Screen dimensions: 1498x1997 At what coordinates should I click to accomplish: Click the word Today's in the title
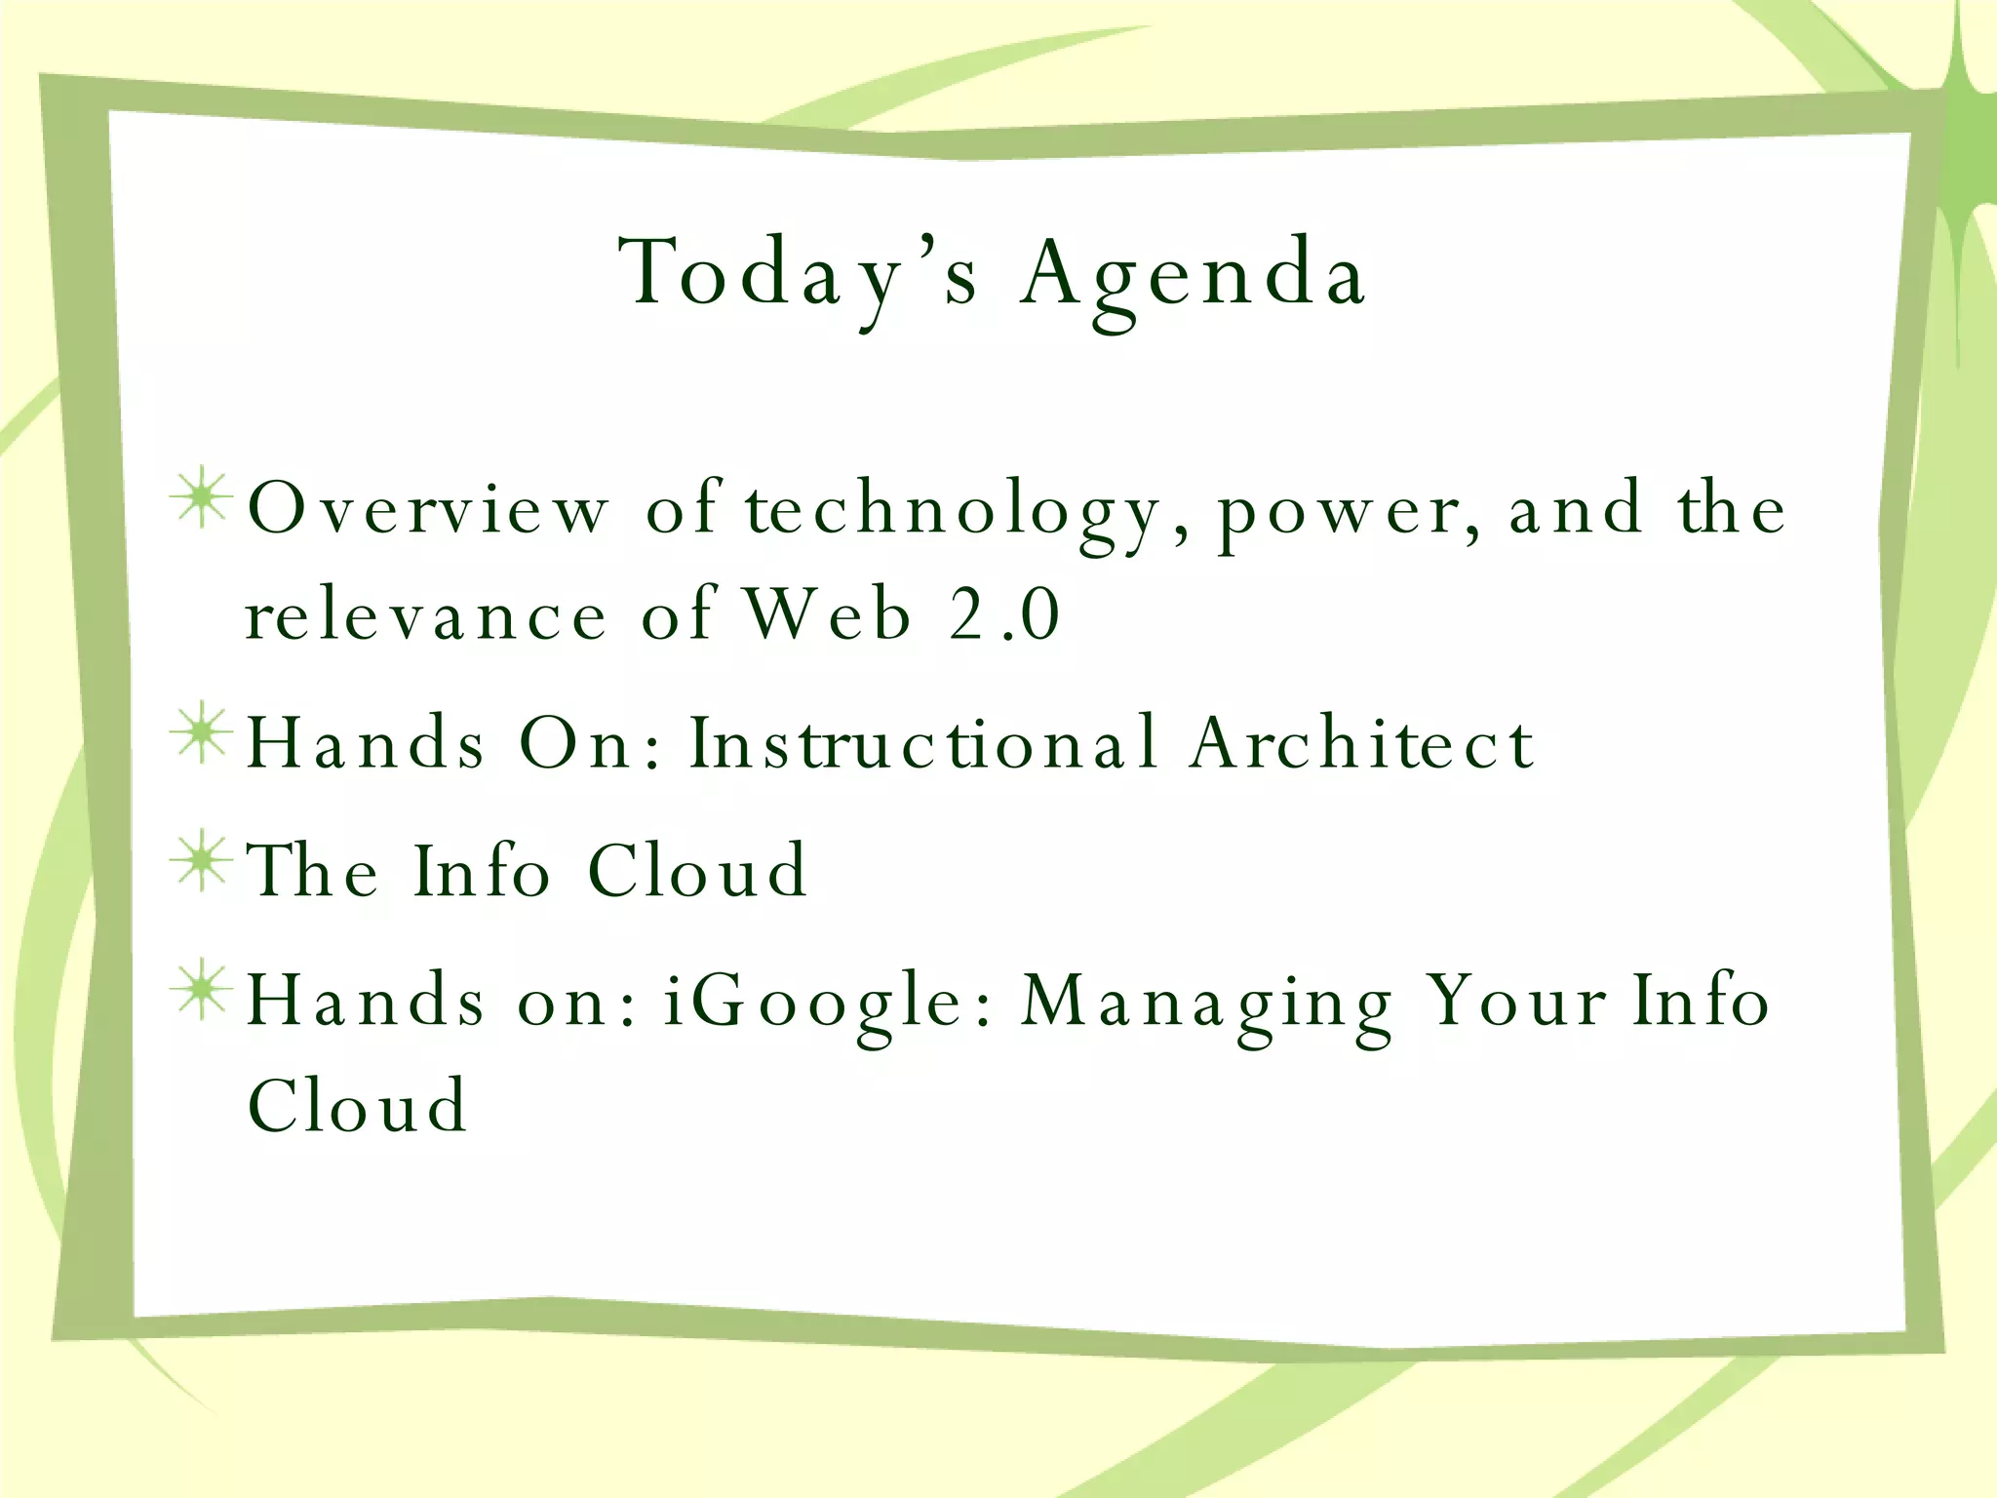point(798,275)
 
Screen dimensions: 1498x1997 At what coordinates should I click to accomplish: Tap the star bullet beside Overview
point(202,499)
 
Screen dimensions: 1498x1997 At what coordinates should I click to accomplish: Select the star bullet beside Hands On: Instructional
point(202,732)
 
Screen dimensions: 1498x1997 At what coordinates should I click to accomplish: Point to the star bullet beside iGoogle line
point(202,990)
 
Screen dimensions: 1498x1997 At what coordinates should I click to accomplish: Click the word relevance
point(426,616)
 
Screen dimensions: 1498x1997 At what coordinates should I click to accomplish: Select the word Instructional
point(922,743)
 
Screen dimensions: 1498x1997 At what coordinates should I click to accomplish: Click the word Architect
point(1362,743)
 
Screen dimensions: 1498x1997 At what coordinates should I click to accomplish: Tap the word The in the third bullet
point(312,870)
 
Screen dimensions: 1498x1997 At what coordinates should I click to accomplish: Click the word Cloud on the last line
point(358,1106)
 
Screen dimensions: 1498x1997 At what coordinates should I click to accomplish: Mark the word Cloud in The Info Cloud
point(698,870)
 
